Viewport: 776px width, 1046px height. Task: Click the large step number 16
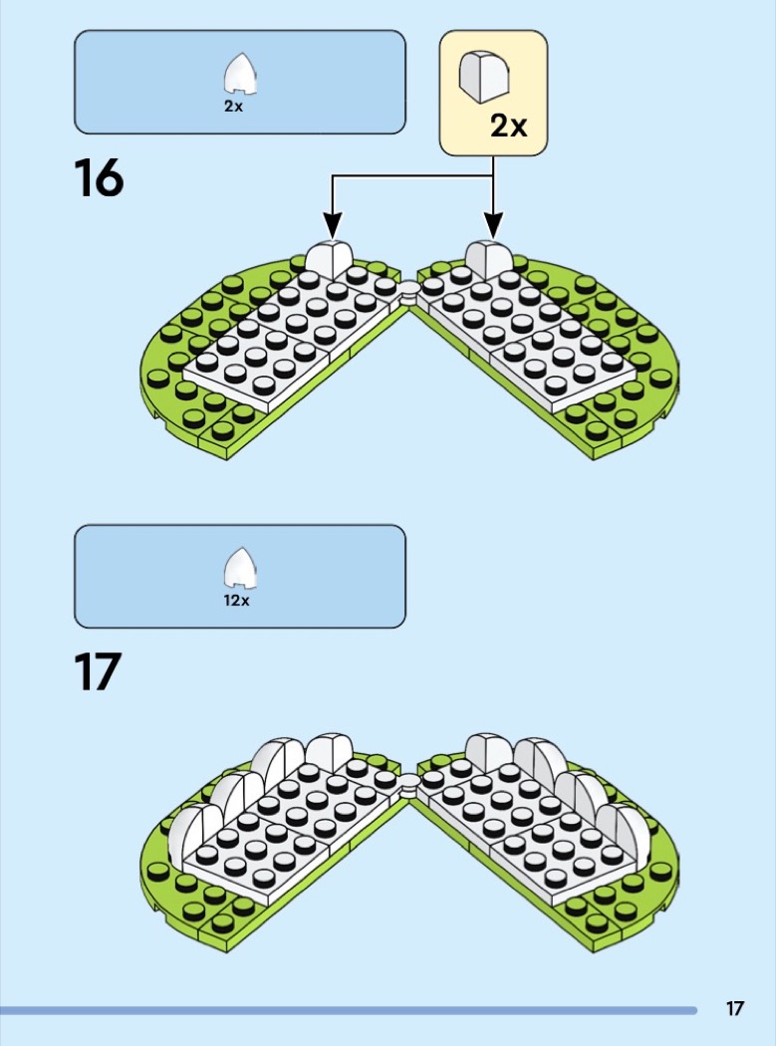[x=99, y=177]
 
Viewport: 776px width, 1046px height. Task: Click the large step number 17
[x=98, y=671]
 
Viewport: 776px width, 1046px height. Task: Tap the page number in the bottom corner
[x=734, y=1008]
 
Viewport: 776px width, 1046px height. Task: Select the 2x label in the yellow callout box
[x=508, y=126]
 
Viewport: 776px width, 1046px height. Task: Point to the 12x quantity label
[x=236, y=601]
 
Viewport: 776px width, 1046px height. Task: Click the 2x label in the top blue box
[x=233, y=106]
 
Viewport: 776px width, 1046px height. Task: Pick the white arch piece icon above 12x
[x=240, y=569]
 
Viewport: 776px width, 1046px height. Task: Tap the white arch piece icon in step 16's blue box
[x=240, y=74]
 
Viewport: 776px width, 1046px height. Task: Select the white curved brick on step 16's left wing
[x=329, y=259]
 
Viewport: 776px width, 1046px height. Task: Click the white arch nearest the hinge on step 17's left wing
[x=329, y=752]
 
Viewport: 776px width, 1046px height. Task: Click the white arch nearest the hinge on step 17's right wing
[x=488, y=751]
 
